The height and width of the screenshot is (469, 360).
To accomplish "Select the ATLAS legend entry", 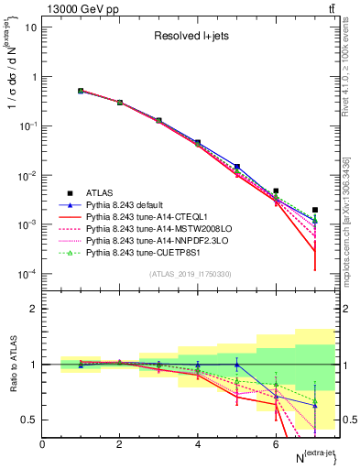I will coord(102,192).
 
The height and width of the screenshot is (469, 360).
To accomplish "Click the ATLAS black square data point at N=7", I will coord(315,210).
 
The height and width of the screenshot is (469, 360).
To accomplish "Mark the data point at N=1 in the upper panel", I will coord(81,91).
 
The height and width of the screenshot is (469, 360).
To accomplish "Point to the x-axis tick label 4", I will coord(198,444).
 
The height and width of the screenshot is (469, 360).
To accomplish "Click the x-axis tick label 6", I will coord(276,444).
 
